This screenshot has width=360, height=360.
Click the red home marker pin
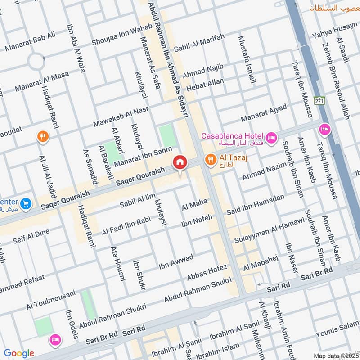180,162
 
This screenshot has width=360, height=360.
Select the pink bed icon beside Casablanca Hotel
271,137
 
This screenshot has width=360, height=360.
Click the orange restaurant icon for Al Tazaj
210,159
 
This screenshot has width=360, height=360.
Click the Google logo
19,353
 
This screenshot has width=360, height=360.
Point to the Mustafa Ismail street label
247,59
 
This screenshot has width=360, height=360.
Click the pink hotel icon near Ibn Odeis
55,339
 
